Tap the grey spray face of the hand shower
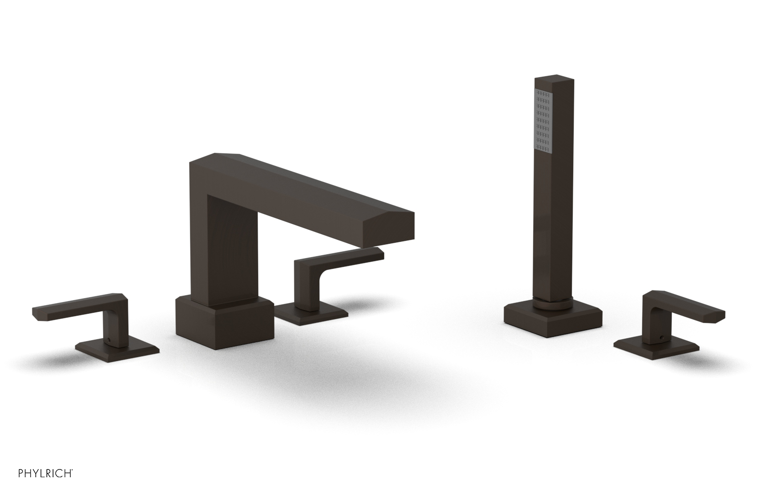[x=544, y=125]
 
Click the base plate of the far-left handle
[x=117, y=349]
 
